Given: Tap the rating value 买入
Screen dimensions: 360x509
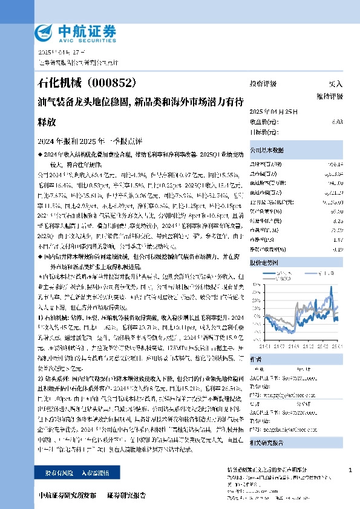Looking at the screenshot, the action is [x=335, y=83].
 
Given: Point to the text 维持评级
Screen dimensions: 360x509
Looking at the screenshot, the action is [x=329, y=96].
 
